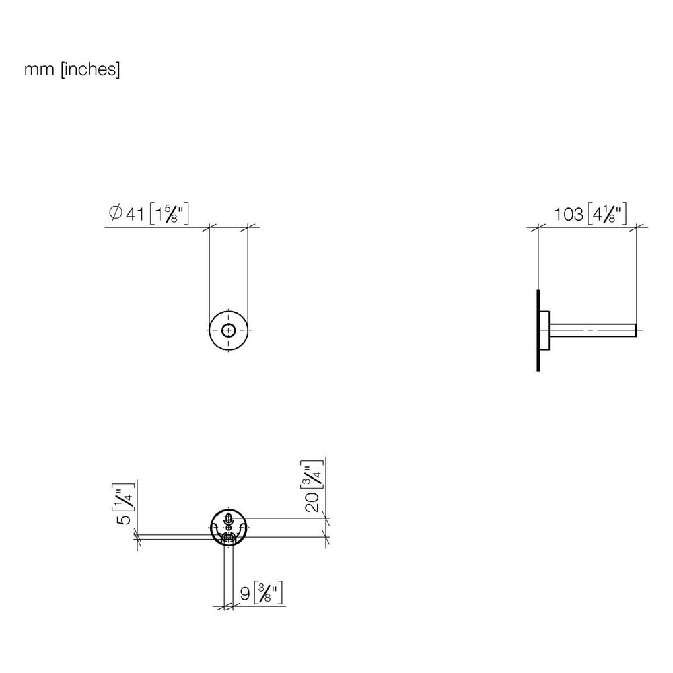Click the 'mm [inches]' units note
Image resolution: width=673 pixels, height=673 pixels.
pyautogui.click(x=72, y=69)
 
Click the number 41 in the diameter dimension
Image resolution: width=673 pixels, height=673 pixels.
pyautogui.click(x=135, y=214)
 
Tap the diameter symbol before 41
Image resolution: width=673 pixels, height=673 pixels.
pyautogui.click(x=116, y=213)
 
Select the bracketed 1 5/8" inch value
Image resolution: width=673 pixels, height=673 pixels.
pyautogui.click(x=169, y=214)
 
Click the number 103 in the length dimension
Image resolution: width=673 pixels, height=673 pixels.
pyautogui.click(x=568, y=215)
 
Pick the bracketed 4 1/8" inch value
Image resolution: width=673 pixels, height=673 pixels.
pyautogui.click(x=607, y=214)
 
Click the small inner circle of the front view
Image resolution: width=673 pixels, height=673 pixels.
pyautogui.click(x=228, y=330)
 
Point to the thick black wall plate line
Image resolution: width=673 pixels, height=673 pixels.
pyautogui.click(x=538, y=330)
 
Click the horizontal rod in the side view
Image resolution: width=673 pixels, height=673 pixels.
pyautogui.click(x=593, y=330)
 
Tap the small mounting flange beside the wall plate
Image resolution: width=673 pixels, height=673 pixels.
pyautogui.click(x=544, y=330)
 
